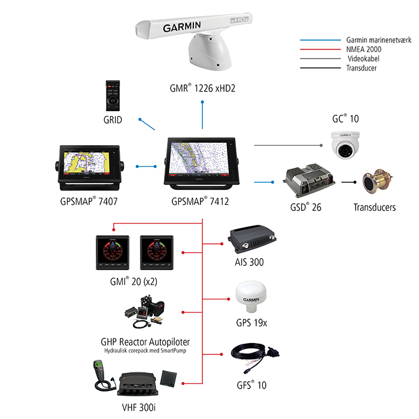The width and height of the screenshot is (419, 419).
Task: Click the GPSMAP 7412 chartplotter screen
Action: click(204, 161)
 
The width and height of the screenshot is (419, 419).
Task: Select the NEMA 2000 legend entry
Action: click(366, 50)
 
